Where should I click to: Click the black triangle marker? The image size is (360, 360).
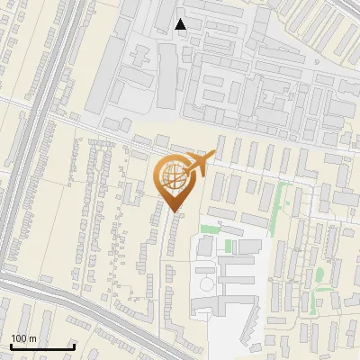(x=181, y=24)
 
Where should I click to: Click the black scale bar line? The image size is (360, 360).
(x=41, y=347)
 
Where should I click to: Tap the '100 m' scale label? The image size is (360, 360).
(x=23, y=338)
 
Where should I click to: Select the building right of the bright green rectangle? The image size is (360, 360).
(x=249, y=246)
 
